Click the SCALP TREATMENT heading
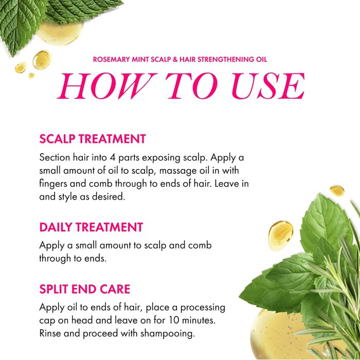93,139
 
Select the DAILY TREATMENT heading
91,227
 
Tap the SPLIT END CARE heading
85,289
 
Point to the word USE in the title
268,86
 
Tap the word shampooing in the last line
167,334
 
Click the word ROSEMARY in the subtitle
112,60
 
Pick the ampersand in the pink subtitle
175,60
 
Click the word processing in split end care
203,308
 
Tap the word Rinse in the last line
50,333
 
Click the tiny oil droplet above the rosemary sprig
337,191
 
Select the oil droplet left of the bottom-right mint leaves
281,236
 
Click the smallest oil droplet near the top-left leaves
31,76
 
